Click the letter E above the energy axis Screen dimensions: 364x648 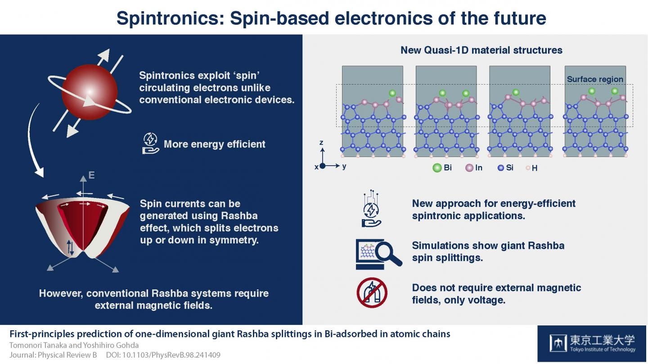(91, 175)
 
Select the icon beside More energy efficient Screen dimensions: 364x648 (150, 144)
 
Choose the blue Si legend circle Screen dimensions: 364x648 (500, 168)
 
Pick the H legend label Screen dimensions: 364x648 (535, 168)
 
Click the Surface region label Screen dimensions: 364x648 (595, 79)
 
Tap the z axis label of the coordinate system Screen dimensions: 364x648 (321, 142)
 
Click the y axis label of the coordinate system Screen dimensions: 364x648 (344, 166)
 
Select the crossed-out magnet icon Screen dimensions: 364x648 (372, 293)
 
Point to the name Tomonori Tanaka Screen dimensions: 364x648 (35, 345)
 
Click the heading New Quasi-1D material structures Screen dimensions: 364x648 (481, 50)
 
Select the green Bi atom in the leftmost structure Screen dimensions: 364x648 (392, 93)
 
